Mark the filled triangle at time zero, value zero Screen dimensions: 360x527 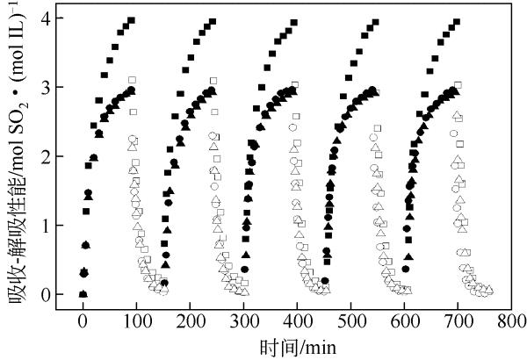coord(83,294)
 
